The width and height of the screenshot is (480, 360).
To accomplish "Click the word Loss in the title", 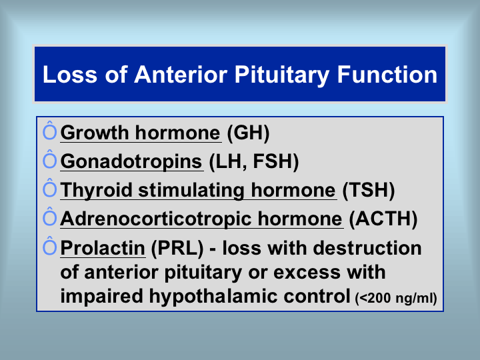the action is point(70,75).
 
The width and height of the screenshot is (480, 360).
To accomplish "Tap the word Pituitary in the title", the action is point(281,75).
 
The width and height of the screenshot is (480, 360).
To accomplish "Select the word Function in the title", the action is point(387,75).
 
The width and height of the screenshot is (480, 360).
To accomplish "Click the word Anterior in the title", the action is point(181,75).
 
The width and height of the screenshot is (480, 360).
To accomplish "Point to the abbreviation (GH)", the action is point(248,133).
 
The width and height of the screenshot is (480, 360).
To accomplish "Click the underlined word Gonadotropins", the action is point(131,161).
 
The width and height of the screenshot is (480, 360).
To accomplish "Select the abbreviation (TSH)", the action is point(369,190).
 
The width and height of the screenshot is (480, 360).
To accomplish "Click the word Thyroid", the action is point(96,191).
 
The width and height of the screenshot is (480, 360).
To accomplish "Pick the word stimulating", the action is point(191,191).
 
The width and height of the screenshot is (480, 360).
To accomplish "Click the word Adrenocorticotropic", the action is point(155,219).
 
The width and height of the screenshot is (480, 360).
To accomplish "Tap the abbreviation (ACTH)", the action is point(383,219).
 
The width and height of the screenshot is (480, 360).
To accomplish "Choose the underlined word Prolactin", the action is point(103,247).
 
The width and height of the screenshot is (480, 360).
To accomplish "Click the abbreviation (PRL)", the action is point(177,248).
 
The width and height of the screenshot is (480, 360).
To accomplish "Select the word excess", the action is point(306,273).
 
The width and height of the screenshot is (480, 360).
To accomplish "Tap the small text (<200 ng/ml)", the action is point(396,298).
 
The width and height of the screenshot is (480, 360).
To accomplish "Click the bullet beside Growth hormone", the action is point(49,131).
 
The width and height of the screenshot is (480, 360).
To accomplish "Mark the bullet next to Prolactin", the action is point(49,246).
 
